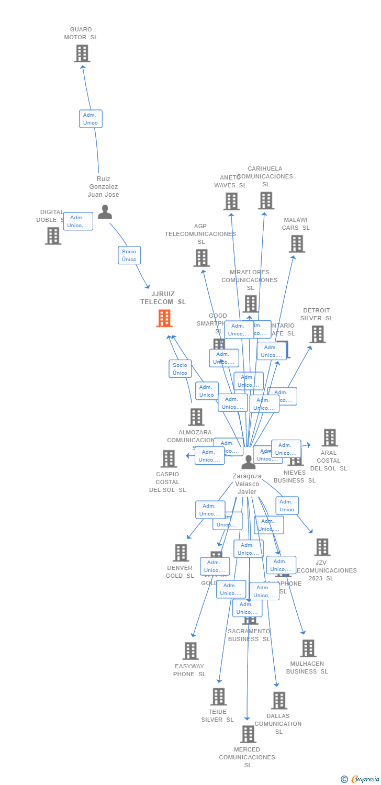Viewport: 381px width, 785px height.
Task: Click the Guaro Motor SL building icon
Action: click(82, 53)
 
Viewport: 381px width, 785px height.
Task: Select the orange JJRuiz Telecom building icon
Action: click(164, 318)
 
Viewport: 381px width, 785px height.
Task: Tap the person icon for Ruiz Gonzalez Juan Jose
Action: click(105, 212)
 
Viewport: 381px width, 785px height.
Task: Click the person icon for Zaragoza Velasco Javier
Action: click(249, 462)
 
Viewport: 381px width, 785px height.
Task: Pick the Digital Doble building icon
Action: click(53, 236)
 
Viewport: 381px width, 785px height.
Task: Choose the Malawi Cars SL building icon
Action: click(297, 244)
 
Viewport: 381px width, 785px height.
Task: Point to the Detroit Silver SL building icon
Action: click(317, 334)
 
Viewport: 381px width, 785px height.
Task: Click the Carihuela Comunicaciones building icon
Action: click(266, 200)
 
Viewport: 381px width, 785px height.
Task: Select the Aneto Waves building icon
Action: click(231, 201)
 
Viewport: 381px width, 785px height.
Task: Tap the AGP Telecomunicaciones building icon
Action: click(201, 258)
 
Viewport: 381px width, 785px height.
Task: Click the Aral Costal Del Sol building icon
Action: click(329, 438)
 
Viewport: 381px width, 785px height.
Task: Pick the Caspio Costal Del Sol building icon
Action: click(169, 459)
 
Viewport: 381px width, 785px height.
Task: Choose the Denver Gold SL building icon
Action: click(181, 553)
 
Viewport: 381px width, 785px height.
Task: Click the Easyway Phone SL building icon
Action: click(190, 651)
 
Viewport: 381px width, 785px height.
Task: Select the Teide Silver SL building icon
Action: click(219, 697)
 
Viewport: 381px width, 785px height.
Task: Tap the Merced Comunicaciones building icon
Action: click(248, 734)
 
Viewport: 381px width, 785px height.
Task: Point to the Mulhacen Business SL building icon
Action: click(308, 648)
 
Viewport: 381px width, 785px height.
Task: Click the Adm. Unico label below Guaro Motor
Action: click(91, 119)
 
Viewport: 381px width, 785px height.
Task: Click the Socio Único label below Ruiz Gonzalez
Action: click(129, 255)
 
